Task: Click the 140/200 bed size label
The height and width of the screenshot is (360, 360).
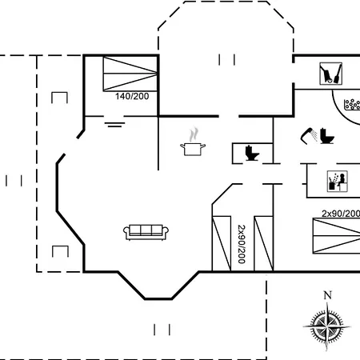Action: [x=132, y=96]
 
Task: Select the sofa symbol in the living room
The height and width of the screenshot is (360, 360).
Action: [x=146, y=232]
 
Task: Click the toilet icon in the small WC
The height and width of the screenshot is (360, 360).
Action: [x=252, y=153]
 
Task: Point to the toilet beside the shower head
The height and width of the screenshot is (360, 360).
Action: [x=327, y=136]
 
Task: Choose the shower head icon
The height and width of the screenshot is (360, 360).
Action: [x=309, y=136]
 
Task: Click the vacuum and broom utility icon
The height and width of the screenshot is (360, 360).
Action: [x=331, y=74]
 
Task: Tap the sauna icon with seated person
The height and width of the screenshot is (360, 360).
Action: [x=338, y=182]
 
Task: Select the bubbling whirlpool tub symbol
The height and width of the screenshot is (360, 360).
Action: [x=352, y=105]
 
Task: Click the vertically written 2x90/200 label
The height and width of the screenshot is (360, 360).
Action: [x=242, y=244]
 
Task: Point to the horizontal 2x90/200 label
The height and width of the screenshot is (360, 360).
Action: [x=341, y=214]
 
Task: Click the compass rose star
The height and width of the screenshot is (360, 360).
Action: [x=327, y=327]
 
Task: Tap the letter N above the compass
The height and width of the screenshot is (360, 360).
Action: [x=328, y=295]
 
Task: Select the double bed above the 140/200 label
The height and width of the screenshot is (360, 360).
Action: [x=130, y=74]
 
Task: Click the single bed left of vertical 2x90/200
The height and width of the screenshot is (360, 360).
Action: [x=222, y=243]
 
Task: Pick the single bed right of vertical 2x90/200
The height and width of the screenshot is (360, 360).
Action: [x=263, y=243]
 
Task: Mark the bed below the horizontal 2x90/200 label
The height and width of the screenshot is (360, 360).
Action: [x=336, y=236]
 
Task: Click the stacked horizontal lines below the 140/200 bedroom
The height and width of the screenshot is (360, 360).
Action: [x=114, y=125]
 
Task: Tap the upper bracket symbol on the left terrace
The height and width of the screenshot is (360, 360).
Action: [x=59, y=98]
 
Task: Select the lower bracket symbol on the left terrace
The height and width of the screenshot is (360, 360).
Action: [x=60, y=251]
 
